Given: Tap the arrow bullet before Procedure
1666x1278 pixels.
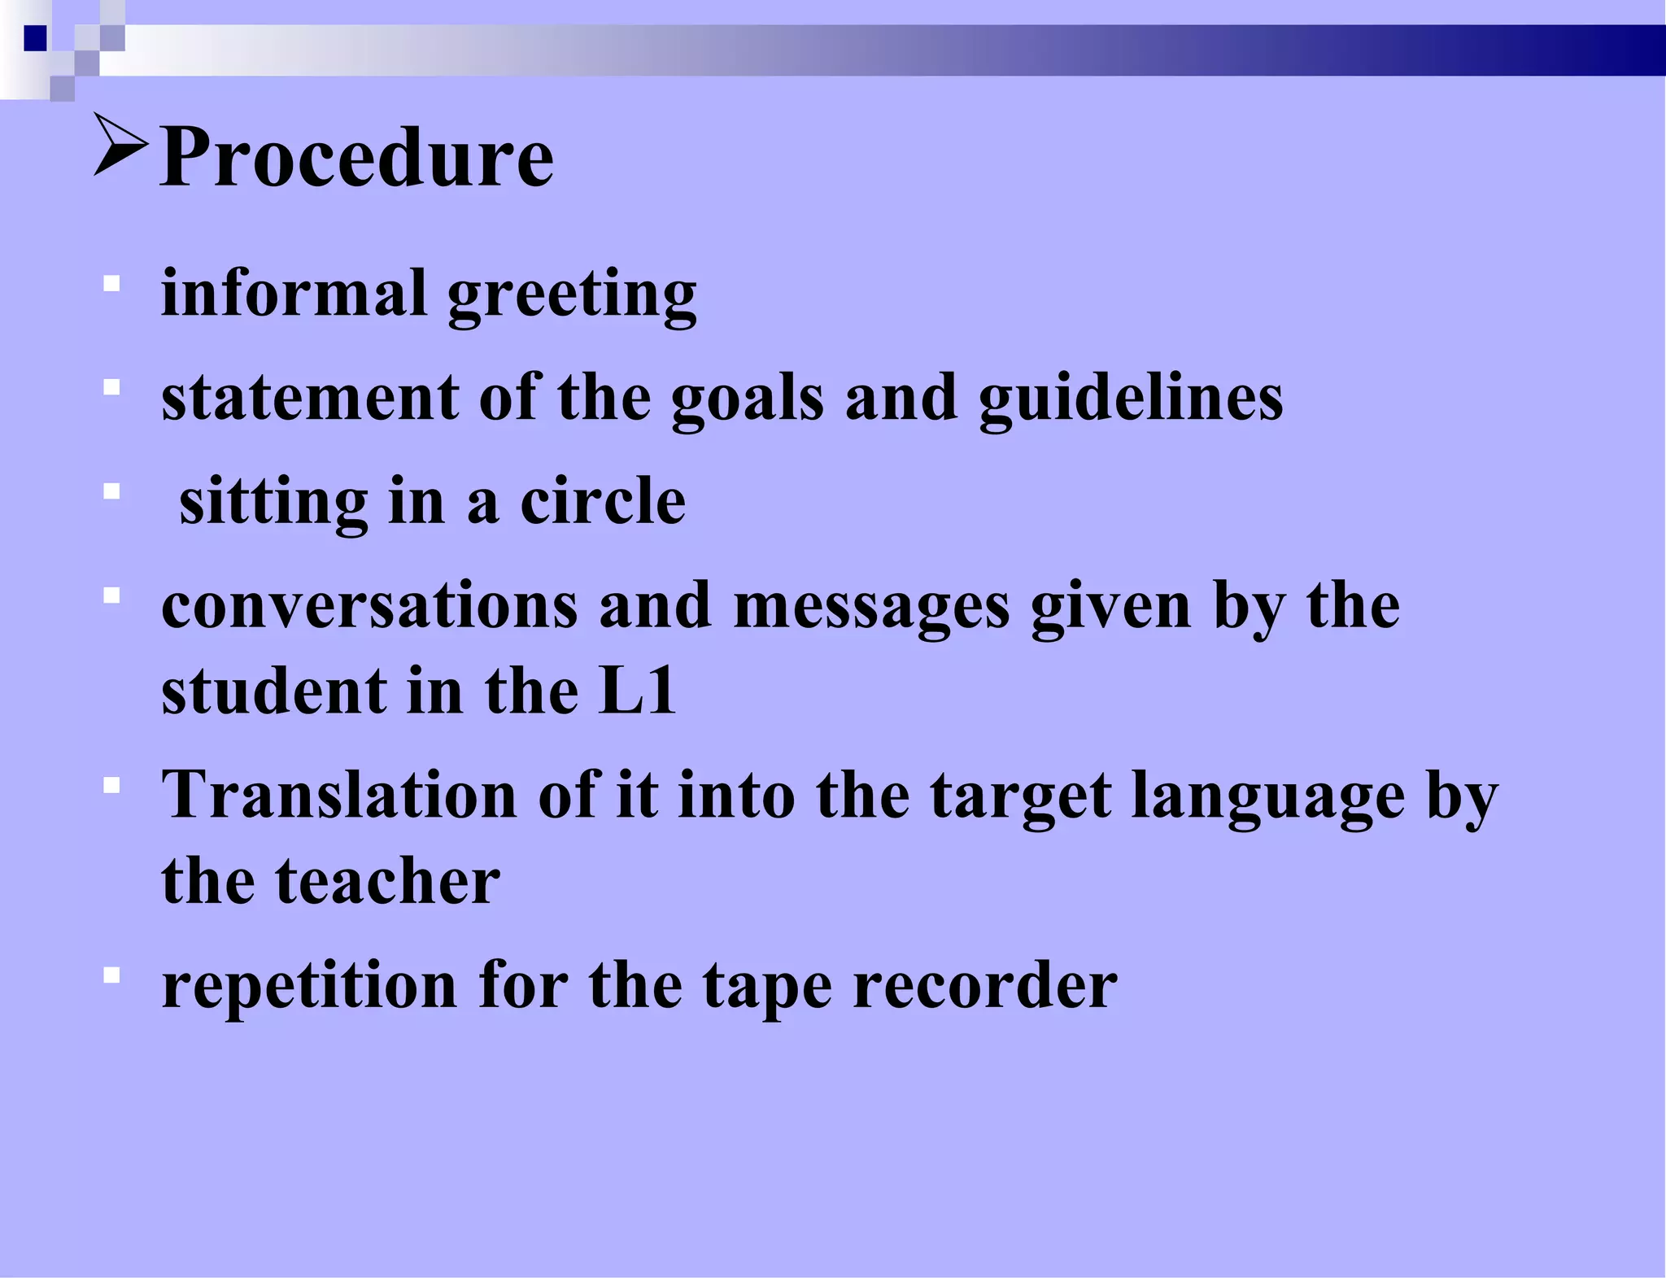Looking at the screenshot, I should point(120,145).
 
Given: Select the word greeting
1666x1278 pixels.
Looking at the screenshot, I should point(572,296).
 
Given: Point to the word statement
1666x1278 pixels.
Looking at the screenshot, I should point(310,398).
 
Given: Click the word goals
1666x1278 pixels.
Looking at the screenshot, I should point(747,399).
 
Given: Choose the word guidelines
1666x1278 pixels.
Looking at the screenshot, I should point(1130,399).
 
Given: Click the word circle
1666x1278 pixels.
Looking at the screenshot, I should point(603,501).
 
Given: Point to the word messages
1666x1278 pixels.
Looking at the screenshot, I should point(871,608).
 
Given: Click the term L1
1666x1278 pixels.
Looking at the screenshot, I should point(637,691).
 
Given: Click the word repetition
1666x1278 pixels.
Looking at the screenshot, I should point(309,987).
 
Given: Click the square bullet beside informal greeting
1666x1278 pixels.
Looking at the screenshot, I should point(112,284).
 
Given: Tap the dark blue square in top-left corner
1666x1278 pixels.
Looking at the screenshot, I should point(35,38).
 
